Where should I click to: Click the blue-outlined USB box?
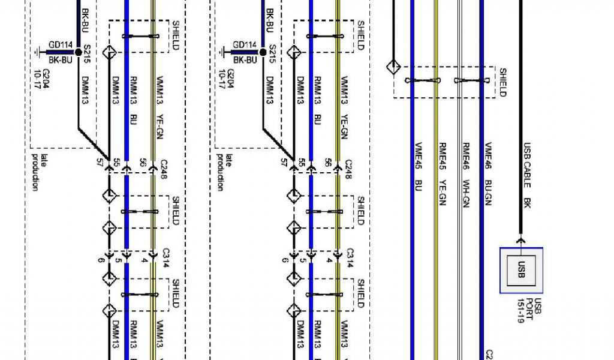click(521, 270)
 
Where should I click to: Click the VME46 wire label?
click(488, 156)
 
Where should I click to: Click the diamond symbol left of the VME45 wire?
click(394, 66)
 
